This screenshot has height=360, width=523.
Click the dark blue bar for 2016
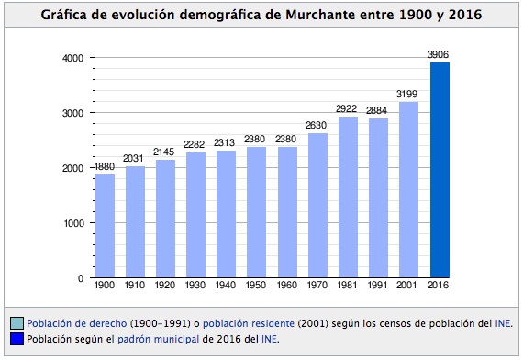point(440,170)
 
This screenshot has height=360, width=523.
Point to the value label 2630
point(318,126)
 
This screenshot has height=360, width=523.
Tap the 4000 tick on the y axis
point(72,58)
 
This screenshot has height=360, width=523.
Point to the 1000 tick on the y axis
point(72,223)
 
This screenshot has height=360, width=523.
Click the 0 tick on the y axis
point(81,278)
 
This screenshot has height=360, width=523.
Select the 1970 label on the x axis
point(318,286)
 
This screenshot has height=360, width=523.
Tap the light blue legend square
point(17,323)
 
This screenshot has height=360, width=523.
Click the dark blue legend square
point(17,339)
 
